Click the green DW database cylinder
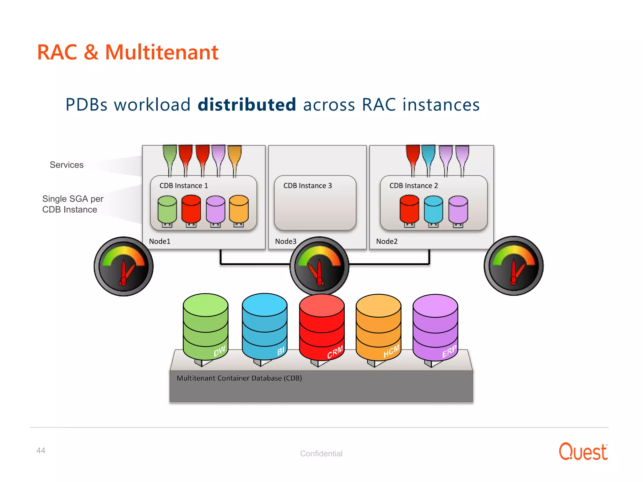(x=205, y=326)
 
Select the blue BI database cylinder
(x=264, y=326)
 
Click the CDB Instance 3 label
(x=307, y=186)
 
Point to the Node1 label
(x=159, y=241)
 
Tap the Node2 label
(x=386, y=241)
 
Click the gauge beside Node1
(x=123, y=266)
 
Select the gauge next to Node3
(x=319, y=266)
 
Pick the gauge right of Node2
(x=513, y=266)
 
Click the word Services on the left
(x=67, y=165)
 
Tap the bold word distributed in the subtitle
(x=247, y=104)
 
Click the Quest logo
(x=583, y=452)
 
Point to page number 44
(x=41, y=450)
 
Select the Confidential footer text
(x=321, y=453)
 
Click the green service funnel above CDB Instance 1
(x=170, y=155)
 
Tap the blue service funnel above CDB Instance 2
(x=428, y=155)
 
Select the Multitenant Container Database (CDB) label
(x=239, y=378)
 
